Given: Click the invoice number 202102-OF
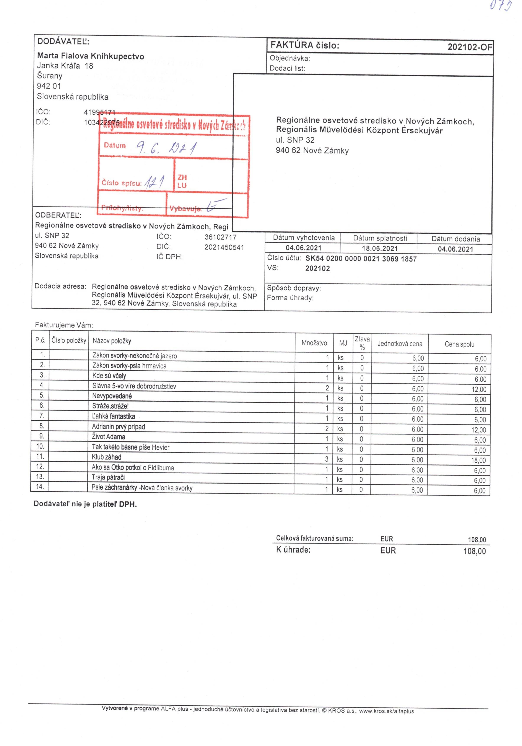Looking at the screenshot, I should [x=469, y=47].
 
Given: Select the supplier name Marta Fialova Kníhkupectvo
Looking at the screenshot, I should [x=91, y=56].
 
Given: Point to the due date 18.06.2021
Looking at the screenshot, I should [x=380, y=249].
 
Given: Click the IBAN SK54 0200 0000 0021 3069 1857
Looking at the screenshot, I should [x=361, y=259].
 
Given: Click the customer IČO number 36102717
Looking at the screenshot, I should [x=220, y=237].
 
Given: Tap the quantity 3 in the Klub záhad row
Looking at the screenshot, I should [x=327, y=459].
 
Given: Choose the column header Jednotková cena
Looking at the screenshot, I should [x=400, y=344].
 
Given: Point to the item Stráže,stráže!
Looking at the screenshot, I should [x=110, y=406].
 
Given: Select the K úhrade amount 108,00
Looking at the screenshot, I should [x=474, y=551].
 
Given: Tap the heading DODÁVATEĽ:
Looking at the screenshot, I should [x=63, y=42].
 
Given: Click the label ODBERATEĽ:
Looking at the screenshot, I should [x=58, y=215].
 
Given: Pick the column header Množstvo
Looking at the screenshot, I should [x=314, y=343].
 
